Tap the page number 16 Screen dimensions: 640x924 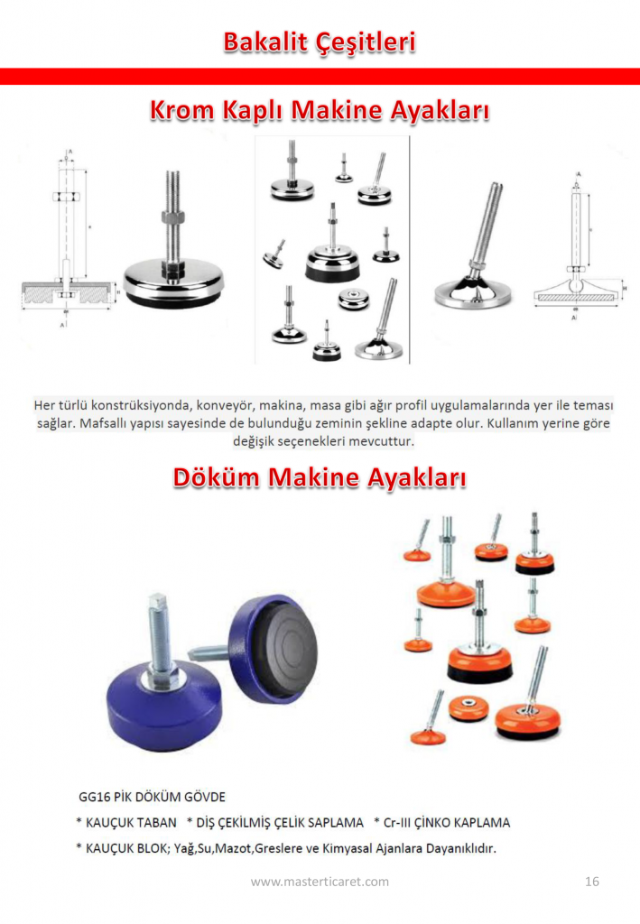coord(591,881)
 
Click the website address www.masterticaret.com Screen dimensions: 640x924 coord(320,882)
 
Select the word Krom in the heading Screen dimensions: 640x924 coord(182,110)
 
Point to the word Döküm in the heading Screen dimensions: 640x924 coord(216,476)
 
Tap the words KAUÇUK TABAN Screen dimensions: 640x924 coord(131,823)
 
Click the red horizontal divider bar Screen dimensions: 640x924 coord(320,77)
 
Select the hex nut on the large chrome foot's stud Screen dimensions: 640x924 coord(174,217)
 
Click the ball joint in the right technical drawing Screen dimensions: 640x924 coord(576,283)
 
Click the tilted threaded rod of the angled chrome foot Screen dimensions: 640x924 coord(487,226)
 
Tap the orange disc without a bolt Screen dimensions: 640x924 coord(468,707)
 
